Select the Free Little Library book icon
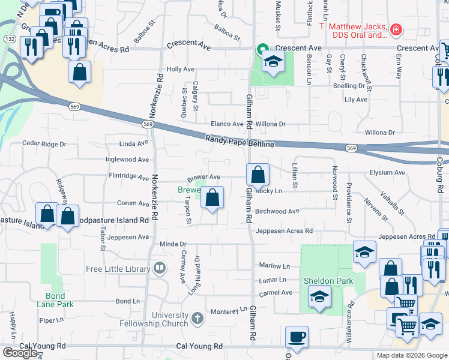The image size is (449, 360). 159,268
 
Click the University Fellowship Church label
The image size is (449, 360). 178,319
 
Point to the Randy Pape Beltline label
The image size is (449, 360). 240,142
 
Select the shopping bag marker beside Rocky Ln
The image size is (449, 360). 258,175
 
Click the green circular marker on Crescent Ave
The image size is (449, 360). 262,50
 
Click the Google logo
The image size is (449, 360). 20,353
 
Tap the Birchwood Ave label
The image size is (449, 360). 277,211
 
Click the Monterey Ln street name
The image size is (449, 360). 229,310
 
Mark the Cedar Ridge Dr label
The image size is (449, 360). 44,144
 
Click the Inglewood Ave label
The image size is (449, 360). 127,160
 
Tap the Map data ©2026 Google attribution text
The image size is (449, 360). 411,355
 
